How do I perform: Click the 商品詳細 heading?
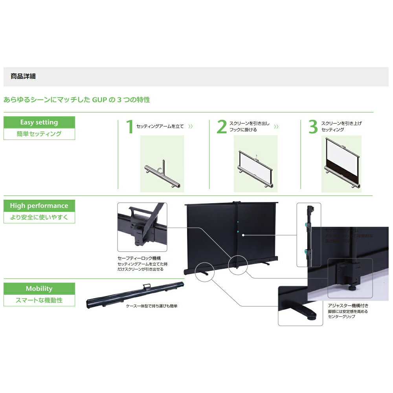[23, 76]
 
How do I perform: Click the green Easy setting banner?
[39, 122]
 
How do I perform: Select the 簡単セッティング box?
[39, 134]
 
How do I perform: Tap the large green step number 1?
[129, 127]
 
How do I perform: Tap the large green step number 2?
[222, 127]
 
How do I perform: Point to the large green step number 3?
[313, 127]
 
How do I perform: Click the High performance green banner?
[39, 206]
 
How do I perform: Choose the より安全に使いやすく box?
[39, 217]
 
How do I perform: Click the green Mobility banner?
[39, 288]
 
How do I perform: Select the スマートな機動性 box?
[39, 301]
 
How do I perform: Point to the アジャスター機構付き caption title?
[348, 305]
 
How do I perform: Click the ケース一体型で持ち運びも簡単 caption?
[152, 305]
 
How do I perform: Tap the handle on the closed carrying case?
[147, 286]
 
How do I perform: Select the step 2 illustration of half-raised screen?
[255, 164]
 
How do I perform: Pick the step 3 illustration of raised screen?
[341, 164]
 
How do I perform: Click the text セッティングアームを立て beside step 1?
[160, 127]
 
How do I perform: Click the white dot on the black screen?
[244, 235]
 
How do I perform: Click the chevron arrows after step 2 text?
[276, 127]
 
